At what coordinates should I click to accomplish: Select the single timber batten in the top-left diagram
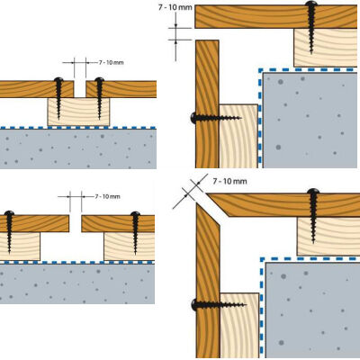click(x=78, y=112)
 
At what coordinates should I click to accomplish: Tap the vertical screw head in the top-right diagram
click(x=312, y=9)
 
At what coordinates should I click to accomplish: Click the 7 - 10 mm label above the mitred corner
click(x=230, y=181)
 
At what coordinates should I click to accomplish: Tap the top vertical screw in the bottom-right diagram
click(x=313, y=195)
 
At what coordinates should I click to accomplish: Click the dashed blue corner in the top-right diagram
click(x=261, y=69)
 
